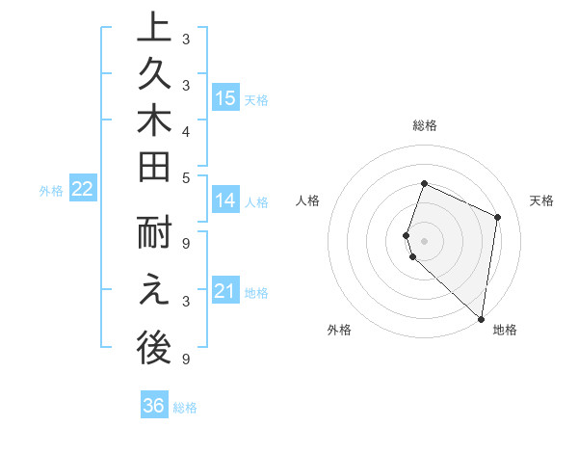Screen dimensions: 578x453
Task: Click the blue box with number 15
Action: [225, 97]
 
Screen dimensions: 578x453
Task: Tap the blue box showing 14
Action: [225, 200]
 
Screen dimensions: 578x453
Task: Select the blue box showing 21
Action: [225, 291]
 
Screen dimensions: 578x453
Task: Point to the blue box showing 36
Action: [154, 406]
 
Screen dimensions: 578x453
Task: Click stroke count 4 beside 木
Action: [186, 130]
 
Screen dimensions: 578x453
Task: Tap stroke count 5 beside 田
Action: [186, 177]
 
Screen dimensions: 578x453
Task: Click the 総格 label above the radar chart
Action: [425, 125]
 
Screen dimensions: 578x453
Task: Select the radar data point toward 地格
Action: [481, 319]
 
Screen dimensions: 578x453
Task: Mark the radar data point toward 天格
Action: [498, 217]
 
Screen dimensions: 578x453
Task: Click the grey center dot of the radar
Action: [425, 240]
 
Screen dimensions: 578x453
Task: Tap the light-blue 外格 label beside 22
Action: [51, 191]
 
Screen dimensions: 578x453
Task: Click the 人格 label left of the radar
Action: [308, 200]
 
